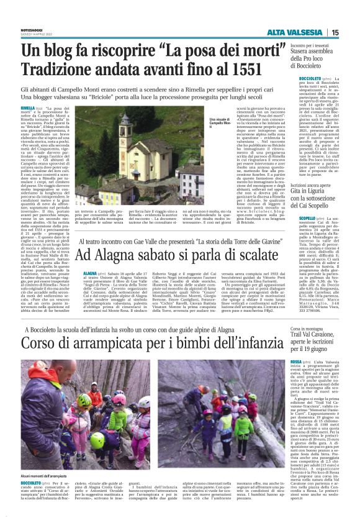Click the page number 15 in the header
[x=352, y=33]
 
